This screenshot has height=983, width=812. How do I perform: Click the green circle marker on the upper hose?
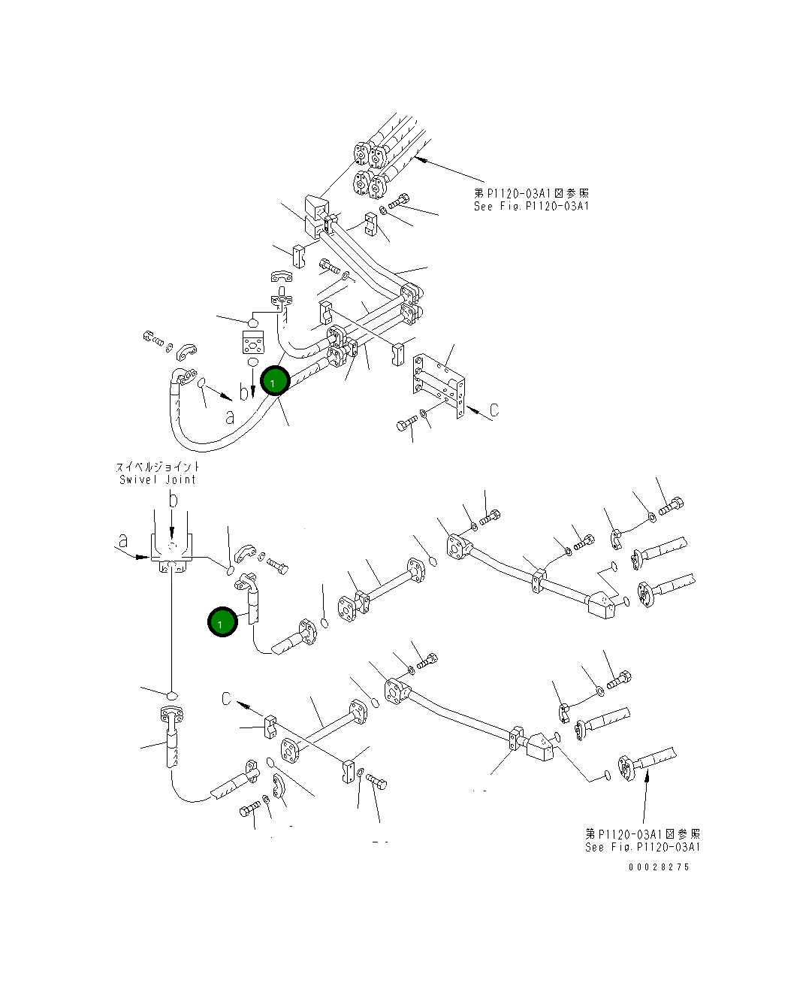[x=275, y=381]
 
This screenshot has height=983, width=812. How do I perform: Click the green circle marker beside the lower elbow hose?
[x=222, y=622]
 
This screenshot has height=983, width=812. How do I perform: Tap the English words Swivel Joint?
[x=158, y=479]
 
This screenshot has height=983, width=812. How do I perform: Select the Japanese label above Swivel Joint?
[x=158, y=467]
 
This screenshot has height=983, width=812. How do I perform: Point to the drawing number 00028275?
[x=659, y=867]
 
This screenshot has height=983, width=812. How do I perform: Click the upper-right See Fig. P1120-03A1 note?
[x=531, y=206]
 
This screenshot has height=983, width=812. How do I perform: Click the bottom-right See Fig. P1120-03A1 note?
[x=642, y=847]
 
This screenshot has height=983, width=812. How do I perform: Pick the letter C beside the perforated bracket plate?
[x=494, y=410]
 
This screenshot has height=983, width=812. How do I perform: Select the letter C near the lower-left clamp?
[x=226, y=699]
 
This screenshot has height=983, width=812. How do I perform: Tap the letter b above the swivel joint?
[x=173, y=500]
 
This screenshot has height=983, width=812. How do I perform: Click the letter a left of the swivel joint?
[x=122, y=540]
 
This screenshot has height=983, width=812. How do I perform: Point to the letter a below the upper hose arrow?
[x=230, y=417]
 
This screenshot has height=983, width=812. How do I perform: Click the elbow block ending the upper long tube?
[x=602, y=603]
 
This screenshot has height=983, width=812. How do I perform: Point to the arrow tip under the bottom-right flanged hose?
[x=647, y=776]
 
